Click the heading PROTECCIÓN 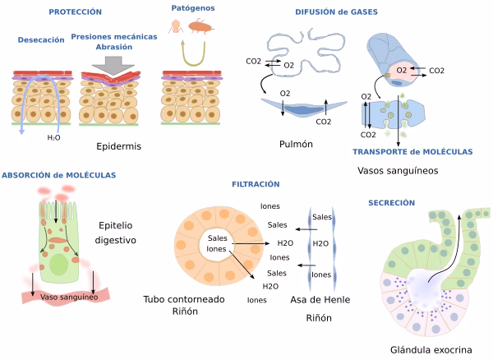[75, 12]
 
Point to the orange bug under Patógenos [201, 26]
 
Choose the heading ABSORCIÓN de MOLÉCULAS [58, 175]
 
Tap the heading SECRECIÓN [392, 202]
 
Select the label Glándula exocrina [431, 349]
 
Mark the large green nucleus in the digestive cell [58, 265]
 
